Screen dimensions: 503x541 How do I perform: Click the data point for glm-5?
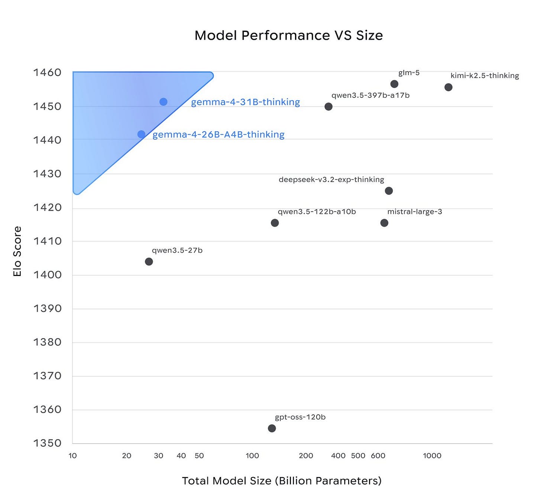coord(394,84)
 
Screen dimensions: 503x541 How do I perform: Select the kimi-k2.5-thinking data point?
coord(448,87)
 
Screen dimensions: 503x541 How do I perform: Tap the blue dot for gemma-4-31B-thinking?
coord(163,102)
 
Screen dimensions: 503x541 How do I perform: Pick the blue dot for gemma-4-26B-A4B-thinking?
coord(141,134)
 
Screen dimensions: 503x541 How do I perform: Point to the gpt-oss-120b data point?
coord(272,428)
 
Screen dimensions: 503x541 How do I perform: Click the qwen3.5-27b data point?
coord(149,262)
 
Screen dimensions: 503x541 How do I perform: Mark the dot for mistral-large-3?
coord(384,223)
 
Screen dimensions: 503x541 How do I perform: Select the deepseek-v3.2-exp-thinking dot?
coord(389,191)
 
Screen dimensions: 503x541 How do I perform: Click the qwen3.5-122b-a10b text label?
coord(317,212)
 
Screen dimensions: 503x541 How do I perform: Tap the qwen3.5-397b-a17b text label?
coord(370,95)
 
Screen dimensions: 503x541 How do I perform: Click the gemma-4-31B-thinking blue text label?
coord(245,102)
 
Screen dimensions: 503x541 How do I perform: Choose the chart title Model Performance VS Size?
coord(289,35)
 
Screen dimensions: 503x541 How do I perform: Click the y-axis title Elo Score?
coord(17,251)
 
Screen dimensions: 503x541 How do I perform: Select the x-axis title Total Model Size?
coord(282,481)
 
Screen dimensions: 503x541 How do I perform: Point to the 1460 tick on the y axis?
coord(47,72)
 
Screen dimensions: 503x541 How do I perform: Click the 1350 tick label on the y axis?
coord(47,443)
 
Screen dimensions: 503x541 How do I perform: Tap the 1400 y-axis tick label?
coord(47,275)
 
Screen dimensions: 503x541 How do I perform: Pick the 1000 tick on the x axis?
coord(432,456)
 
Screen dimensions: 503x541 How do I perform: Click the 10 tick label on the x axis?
coord(72,456)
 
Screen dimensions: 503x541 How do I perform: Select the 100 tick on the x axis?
coord(252,456)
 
